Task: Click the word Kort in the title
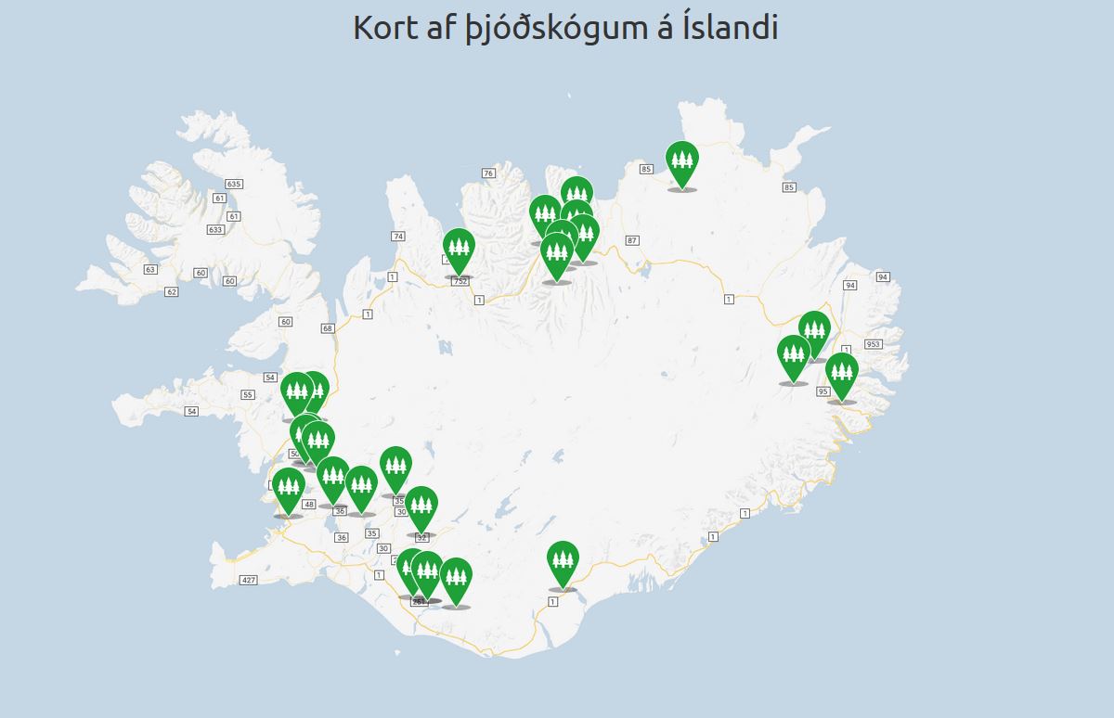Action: click(381, 27)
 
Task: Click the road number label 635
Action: click(234, 184)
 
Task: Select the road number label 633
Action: click(215, 229)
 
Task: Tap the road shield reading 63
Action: click(150, 269)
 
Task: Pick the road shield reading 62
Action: click(171, 291)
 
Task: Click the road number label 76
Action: click(488, 173)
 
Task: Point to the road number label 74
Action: click(398, 237)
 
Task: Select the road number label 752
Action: click(460, 280)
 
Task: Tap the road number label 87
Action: click(632, 240)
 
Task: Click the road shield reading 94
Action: click(882, 277)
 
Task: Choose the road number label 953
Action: click(873, 344)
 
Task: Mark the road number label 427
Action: click(248, 580)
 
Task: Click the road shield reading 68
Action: click(327, 328)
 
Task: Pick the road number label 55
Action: click(248, 394)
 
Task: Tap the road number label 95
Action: click(823, 391)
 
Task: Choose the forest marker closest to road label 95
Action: click(841, 373)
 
